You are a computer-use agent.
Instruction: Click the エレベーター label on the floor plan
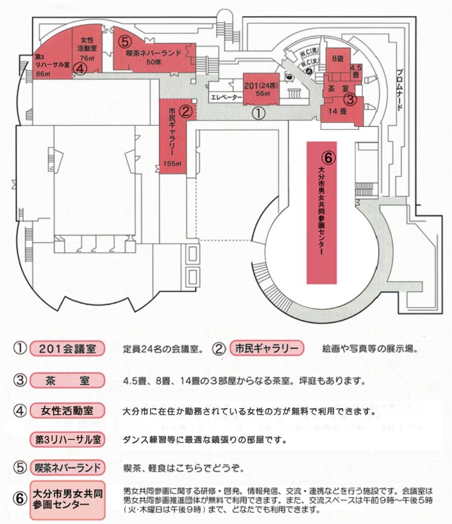click(227, 97)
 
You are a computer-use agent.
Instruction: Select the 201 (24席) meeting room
click(261, 89)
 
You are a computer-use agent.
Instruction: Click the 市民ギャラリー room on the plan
click(172, 136)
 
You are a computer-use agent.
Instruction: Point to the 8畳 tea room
click(338, 60)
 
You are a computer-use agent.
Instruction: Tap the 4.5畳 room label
click(356, 71)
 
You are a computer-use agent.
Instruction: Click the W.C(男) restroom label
click(309, 53)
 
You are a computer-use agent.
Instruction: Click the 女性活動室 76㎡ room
click(88, 48)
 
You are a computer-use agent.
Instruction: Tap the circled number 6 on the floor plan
click(328, 158)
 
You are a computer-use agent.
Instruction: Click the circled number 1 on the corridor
click(259, 113)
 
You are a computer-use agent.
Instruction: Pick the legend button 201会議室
click(67, 348)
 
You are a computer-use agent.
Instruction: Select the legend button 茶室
click(67, 380)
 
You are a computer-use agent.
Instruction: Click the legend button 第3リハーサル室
click(67, 439)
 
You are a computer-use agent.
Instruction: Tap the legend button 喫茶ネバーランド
click(67, 467)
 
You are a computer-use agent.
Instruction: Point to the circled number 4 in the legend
click(20, 411)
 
